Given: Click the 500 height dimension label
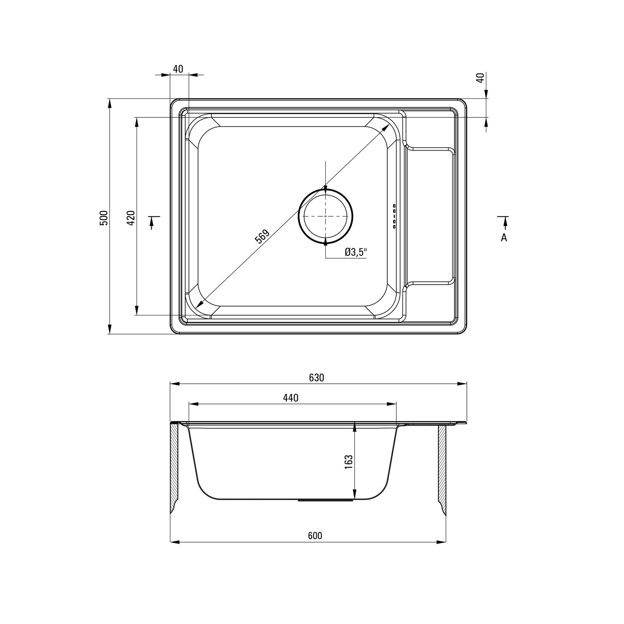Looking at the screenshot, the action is (103, 217).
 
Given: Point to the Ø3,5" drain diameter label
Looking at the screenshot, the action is (356, 252).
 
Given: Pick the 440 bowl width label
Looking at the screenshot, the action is (291, 398).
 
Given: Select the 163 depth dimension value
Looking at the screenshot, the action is (349, 462).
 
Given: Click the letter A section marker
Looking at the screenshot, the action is (504, 237).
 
